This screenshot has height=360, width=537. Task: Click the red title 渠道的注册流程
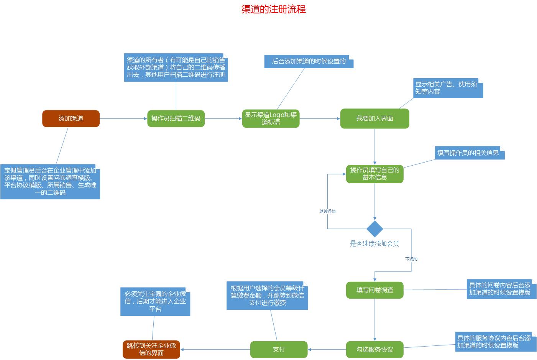pyautogui.click(x=273, y=9)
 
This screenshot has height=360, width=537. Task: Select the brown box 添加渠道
pyautogui.click(x=71, y=118)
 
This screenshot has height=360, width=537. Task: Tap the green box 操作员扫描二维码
pyautogui.click(x=176, y=118)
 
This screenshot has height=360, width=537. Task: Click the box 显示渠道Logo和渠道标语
pyautogui.click(x=271, y=118)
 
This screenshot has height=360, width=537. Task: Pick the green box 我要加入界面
pyautogui.click(x=374, y=118)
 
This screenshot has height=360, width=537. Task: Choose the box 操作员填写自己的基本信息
pyautogui.click(x=374, y=174)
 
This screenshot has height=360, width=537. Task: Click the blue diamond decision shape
pyautogui.click(x=374, y=229)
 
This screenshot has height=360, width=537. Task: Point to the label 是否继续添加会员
pyautogui.click(x=374, y=243)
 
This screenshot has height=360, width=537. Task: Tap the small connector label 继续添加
pyautogui.click(x=327, y=211)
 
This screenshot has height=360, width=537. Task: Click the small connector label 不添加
pyautogui.click(x=411, y=259)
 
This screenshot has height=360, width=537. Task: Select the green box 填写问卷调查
pyautogui.click(x=374, y=290)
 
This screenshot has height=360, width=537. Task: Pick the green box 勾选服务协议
pyautogui.click(x=374, y=349)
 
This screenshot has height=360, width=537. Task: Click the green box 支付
pyautogui.click(x=279, y=349)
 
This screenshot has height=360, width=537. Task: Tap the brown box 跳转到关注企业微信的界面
pyautogui.click(x=151, y=349)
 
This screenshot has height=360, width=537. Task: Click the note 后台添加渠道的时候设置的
pyautogui.click(x=309, y=61)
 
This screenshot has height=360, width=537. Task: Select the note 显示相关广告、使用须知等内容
pyautogui.click(x=447, y=88)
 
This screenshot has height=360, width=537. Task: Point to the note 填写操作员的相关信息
pyautogui.click(x=469, y=153)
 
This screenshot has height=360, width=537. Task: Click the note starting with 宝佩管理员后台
pyautogui.click(x=50, y=182)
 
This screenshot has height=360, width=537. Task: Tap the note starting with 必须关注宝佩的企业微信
pyautogui.click(x=155, y=301)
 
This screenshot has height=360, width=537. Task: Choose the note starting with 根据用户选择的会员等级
pyautogui.click(x=267, y=296)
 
